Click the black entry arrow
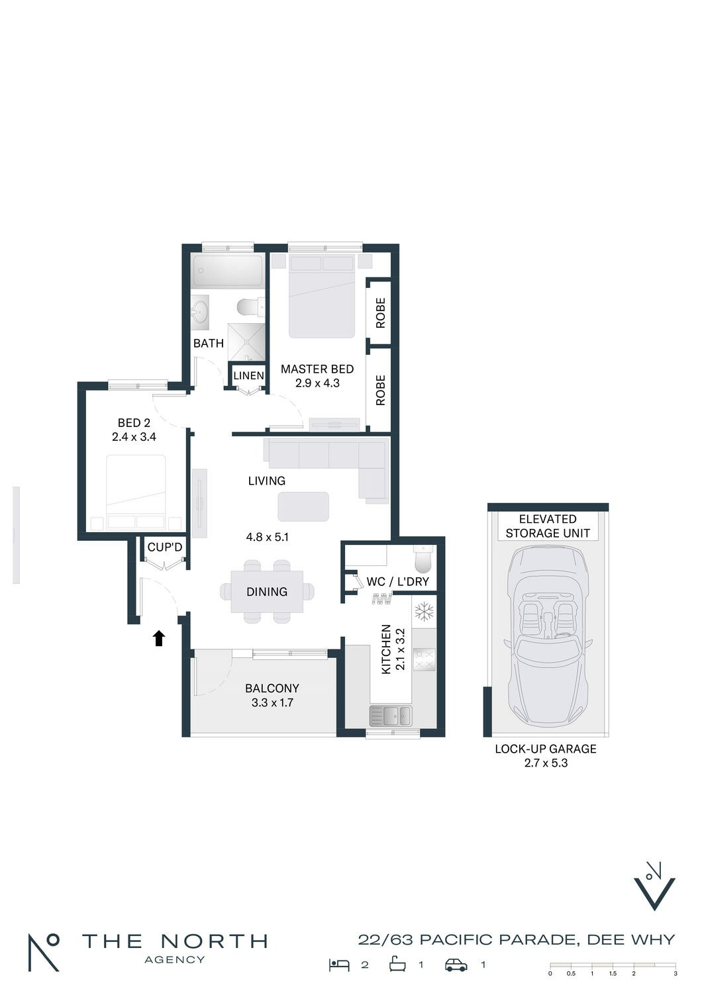(x=159, y=639)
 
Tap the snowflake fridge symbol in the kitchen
(x=424, y=611)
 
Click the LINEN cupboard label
(x=249, y=375)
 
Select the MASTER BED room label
(x=317, y=369)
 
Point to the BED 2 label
(x=134, y=423)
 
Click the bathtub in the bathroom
(x=228, y=271)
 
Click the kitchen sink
(x=391, y=716)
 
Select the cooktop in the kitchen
(x=424, y=660)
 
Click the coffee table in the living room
(x=303, y=506)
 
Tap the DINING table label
(x=267, y=591)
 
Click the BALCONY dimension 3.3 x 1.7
(x=272, y=702)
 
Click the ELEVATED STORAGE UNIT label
(x=548, y=526)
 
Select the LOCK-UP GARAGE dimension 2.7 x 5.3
(x=546, y=763)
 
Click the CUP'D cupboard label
(x=165, y=547)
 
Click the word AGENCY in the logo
(x=175, y=960)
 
